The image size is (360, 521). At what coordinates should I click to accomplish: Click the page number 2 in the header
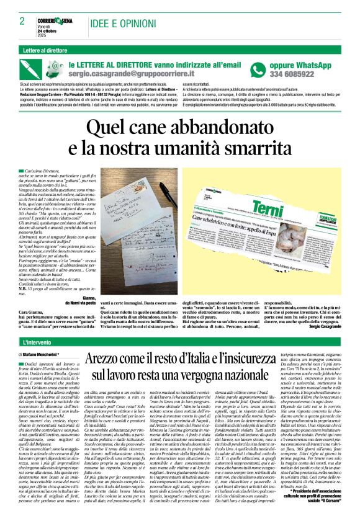[x=21, y=21]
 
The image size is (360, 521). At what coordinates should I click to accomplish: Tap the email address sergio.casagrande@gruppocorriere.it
[x=137, y=73]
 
